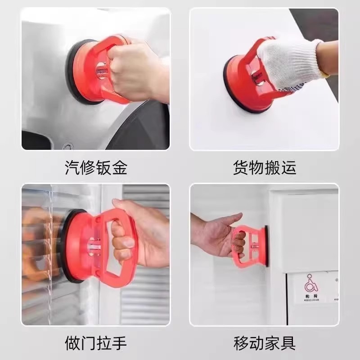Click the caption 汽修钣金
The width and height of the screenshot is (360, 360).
coord(95,168)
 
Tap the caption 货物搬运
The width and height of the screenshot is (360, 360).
coord(264,168)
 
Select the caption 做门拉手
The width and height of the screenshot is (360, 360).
coord(95,343)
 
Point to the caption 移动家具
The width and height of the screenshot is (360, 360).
coord(264,343)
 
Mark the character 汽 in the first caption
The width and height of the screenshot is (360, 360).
coord(72,168)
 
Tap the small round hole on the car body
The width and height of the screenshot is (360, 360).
coord(67,147)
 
